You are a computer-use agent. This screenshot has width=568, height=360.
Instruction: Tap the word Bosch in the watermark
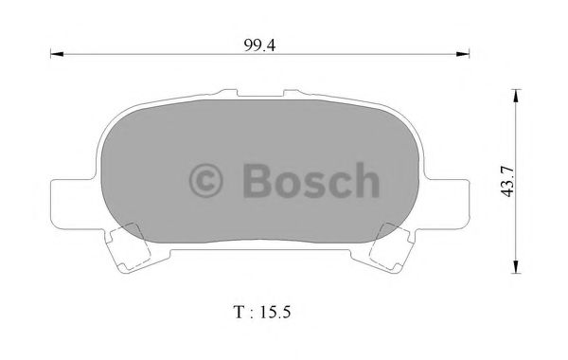[x=312, y=179]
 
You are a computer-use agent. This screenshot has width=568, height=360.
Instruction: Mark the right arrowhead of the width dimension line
[x=464, y=55]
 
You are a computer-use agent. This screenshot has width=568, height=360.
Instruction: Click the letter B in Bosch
[x=258, y=179]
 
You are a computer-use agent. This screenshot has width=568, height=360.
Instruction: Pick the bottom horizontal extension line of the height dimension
[x=492, y=273]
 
